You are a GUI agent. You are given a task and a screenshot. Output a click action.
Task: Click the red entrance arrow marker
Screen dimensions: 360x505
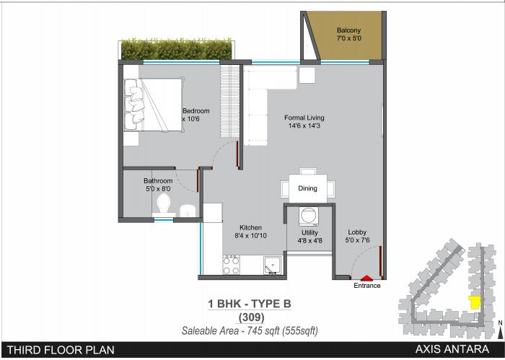(x=367, y=277)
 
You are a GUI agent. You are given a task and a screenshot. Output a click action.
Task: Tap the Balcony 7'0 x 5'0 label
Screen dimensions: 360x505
(x=348, y=34)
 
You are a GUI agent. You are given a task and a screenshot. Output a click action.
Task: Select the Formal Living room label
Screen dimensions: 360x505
(x=304, y=122)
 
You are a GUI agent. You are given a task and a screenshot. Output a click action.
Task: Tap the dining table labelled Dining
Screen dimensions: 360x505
(x=307, y=188)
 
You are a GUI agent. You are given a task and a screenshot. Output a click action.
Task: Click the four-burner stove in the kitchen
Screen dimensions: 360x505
(x=232, y=266)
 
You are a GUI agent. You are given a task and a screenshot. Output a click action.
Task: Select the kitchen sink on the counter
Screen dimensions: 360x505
(x=271, y=265)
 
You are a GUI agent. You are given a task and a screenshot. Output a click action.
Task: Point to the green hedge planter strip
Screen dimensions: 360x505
(x=176, y=50)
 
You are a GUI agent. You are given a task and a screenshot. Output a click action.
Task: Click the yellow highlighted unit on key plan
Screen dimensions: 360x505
(x=475, y=302)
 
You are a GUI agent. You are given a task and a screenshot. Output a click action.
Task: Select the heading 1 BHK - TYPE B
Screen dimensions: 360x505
(x=248, y=304)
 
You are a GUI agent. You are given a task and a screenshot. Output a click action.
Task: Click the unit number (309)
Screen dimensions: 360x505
(x=248, y=317)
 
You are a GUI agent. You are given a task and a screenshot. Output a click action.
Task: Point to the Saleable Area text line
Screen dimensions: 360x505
(x=248, y=330)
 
